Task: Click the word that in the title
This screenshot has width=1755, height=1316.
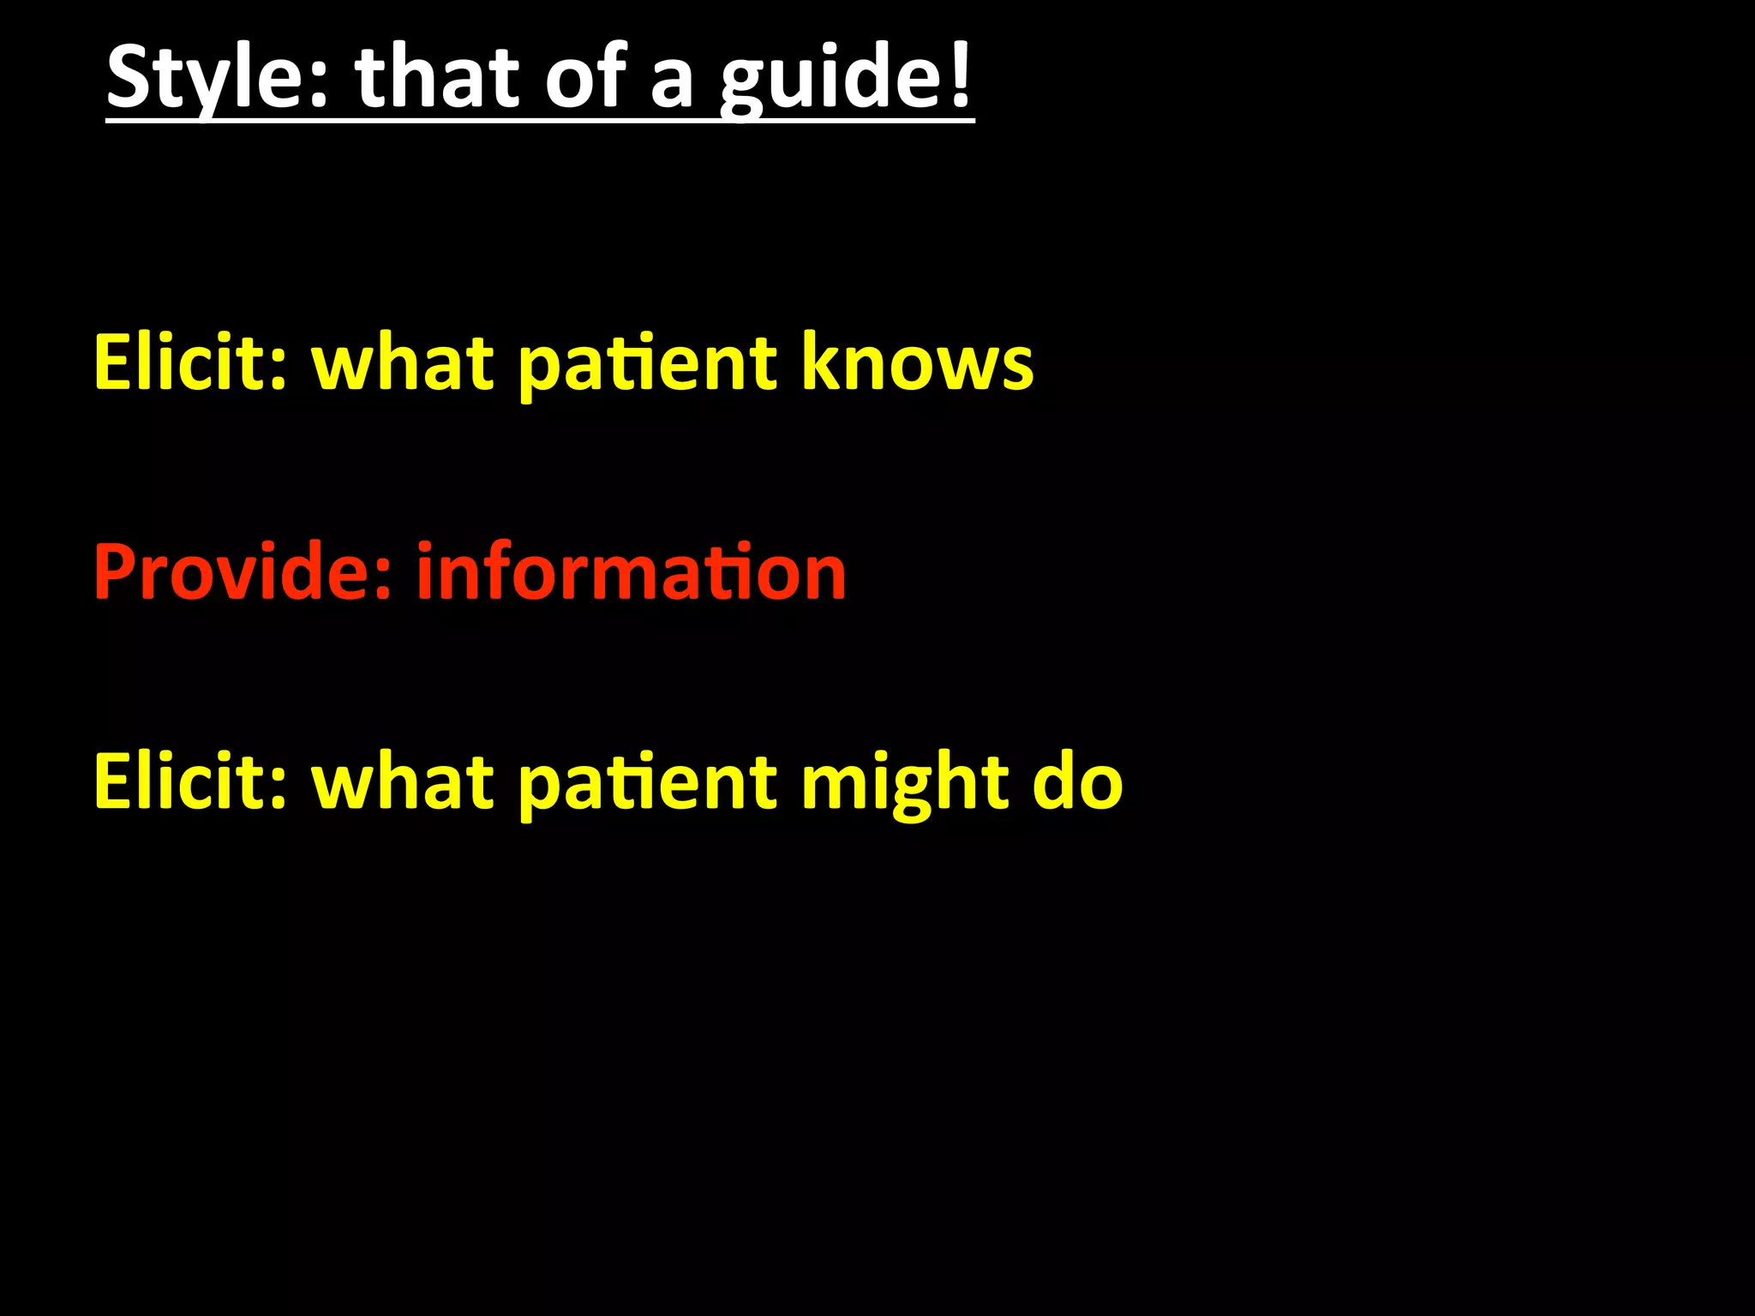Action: (x=437, y=78)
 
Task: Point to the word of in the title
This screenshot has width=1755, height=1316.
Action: (x=584, y=78)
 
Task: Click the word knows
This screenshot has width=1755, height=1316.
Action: (x=917, y=362)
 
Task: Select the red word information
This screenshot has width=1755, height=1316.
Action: (x=632, y=571)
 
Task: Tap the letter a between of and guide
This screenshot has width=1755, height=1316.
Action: (x=671, y=82)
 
